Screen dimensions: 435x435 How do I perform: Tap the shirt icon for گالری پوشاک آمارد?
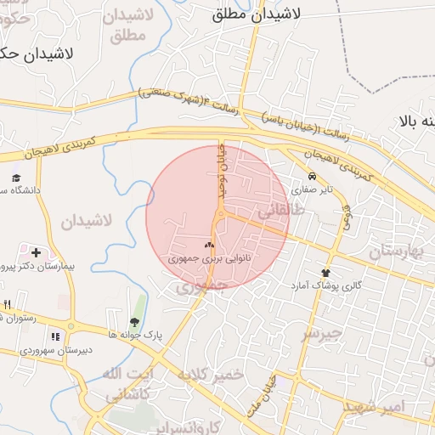(x=325, y=273)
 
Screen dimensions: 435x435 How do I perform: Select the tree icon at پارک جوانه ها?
(x=134, y=321)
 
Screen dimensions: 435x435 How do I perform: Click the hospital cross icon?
(x=36, y=252)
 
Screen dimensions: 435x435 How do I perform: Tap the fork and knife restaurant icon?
(x=8, y=304)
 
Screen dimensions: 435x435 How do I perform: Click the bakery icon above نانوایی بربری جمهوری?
(x=209, y=244)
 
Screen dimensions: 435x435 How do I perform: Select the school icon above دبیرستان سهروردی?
(x=55, y=336)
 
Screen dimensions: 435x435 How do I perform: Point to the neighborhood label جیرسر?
(x=322, y=332)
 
